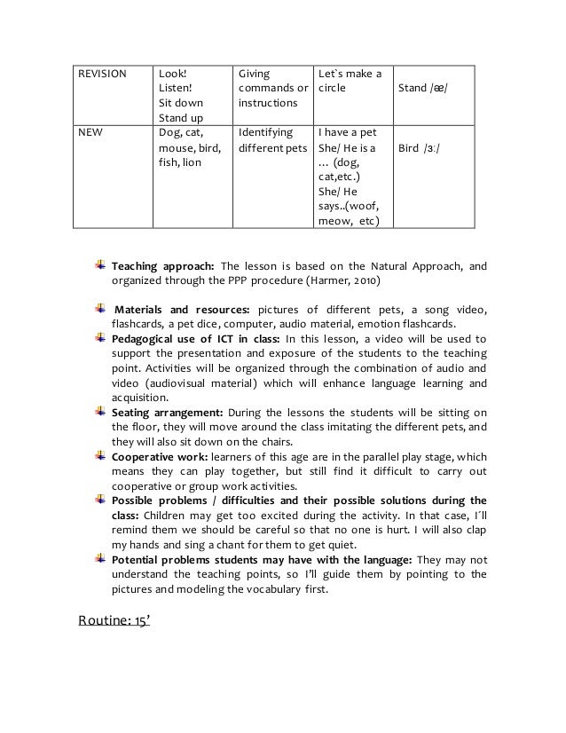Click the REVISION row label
click(x=99, y=74)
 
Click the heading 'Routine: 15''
click(x=114, y=619)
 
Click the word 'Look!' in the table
click(x=171, y=74)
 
